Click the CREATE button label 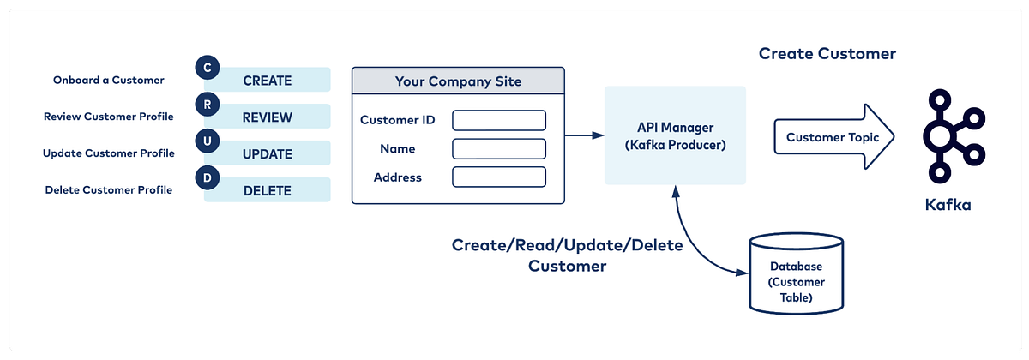tap(268, 81)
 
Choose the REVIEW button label tap(268, 117)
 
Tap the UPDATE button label tap(268, 154)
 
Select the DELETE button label tap(268, 190)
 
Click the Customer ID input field tap(499, 120)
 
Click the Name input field tap(499, 148)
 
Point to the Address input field tap(499, 177)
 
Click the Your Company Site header tap(458, 81)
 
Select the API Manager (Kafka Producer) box tap(675, 135)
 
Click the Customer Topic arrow tap(832, 136)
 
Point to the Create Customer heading tap(827, 54)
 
